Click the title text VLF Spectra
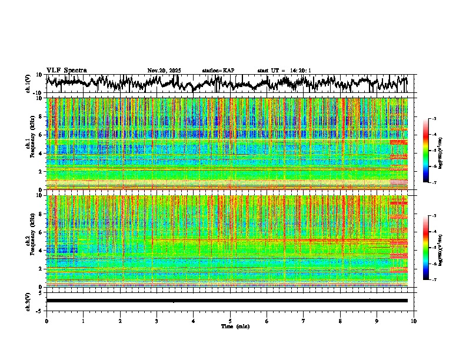click(66, 70)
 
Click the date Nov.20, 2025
click(164, 71)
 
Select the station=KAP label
click(218, 71)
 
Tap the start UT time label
click(284, 71)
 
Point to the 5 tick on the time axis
click(230, 321)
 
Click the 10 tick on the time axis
click(414, 321)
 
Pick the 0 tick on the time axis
click(46, 321)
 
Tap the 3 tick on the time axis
click(157, 321)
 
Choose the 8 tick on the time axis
click(341, 321)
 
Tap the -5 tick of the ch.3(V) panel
click(40, 310)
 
